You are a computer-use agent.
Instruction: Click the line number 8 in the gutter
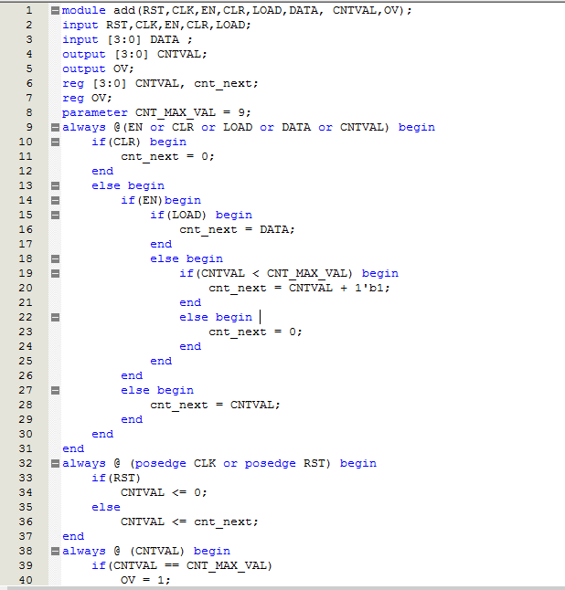(x=28, y=112)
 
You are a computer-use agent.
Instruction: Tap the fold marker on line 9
(x=55, y=127)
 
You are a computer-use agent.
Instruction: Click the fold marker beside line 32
(x=55, y=463)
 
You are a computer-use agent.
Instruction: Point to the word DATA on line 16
(x=277, y=229)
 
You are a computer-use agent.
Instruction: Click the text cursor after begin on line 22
(x=261, y=317)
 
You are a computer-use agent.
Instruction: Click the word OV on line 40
(x=128, y=580)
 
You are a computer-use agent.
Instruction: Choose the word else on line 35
(x=106, y=507)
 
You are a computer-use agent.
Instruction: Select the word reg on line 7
(x=73, y=98)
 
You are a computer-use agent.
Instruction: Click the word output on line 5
(x=84, y=68)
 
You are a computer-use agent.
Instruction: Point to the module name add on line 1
(x=124, y=10)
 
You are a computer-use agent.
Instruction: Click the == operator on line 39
(x=176, y=565)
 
